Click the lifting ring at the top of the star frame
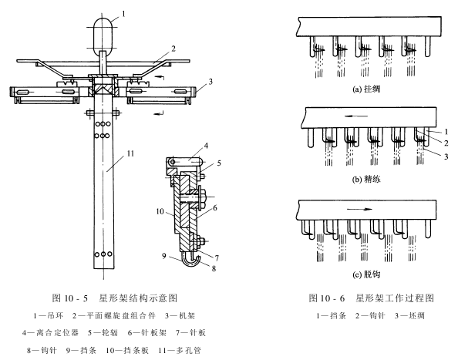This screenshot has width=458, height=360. (x=93, y=36)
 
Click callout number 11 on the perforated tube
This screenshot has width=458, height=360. (x=130, y=153)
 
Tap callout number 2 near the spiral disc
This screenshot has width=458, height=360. (x=173, y=49)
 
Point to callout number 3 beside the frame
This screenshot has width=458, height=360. (x=210, y=82)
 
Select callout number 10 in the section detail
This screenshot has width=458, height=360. (x=160, y=211)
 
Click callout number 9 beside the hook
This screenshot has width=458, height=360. (x=164, y=256)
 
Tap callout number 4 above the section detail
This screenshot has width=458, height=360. (x=206, y=146)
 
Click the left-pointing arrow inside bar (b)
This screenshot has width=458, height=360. (x=355, y=116)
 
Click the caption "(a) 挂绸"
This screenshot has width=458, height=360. (x=366, y=89)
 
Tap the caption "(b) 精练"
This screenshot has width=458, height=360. (x=366, y=179)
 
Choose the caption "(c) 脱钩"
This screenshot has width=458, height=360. (x=366, y=274)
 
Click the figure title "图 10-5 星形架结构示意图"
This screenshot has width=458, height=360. (x=114, y=298)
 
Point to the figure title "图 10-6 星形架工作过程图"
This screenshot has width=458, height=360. (x=371, y=298)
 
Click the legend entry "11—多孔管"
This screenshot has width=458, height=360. (x=180, y=350)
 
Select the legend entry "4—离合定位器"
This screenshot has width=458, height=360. (x=51, y=332)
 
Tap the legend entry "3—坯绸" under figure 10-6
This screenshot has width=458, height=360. (x=409, y=315)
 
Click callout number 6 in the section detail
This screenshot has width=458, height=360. (x=214, y=208)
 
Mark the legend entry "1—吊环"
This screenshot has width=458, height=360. (x=49, y=315)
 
